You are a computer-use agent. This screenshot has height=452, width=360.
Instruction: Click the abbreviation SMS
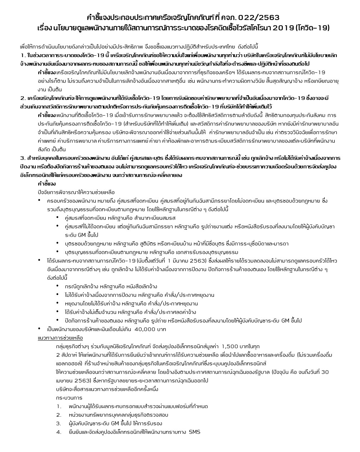pos(195,432)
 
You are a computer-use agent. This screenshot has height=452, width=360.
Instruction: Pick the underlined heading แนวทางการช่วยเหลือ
pos(60,338)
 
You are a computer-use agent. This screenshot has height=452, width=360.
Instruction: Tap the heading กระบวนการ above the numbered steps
pos(69,398)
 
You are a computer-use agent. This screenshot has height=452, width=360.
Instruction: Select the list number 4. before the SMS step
pos(59,432)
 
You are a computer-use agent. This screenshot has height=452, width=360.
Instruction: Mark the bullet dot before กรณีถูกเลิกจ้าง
pos(57,286)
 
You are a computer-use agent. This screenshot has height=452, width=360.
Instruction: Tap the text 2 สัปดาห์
pos(66,355)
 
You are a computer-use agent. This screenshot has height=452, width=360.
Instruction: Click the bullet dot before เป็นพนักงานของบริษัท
pos(40,329)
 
